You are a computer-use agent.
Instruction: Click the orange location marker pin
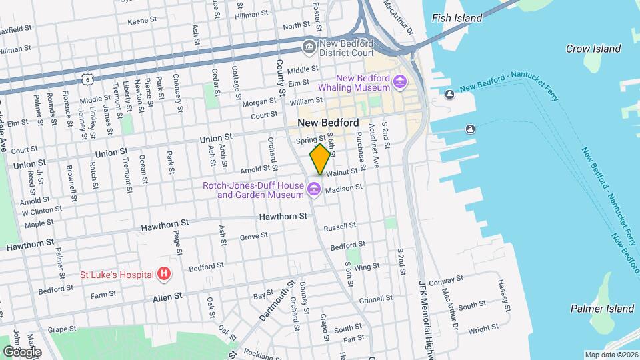[320, 159]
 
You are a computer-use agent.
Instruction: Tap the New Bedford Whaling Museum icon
[400, 82]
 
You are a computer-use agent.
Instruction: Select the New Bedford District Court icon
[309, 47]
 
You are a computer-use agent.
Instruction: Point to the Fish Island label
[457, 18]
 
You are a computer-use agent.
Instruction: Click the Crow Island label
[593, 49]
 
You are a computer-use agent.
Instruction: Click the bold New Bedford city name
[328, 123]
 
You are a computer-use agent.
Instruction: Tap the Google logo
[21, 351]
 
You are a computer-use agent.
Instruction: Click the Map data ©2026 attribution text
[611, 355]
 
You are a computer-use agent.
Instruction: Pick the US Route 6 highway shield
[87, 79]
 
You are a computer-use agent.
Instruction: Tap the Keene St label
[141, 21]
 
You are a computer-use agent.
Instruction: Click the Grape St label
[62, 329]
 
